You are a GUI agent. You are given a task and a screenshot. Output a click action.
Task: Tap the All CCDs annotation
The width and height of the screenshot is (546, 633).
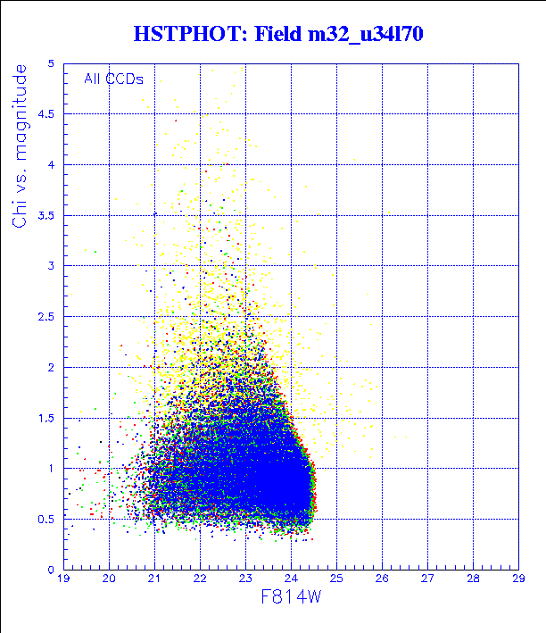[113, 79]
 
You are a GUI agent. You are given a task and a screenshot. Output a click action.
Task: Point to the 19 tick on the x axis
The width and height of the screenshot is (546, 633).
[64, 579]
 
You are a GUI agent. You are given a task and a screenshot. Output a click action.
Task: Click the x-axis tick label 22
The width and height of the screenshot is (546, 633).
[200, 579]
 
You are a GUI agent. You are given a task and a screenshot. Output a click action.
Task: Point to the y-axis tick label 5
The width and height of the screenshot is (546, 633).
[53, 64]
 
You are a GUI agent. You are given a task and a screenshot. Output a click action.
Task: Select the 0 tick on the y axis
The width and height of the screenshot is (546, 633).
[53, 569]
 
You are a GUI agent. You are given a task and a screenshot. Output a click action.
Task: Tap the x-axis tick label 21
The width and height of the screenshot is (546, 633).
[154, 579]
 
